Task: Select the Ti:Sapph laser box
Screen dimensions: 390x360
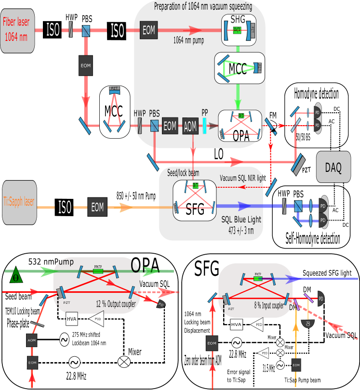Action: pyautogui.click(x=19, y=202)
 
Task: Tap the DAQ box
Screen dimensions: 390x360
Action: pyautogui.click(x=333, y=167)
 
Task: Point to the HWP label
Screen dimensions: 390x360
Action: pyautogui.click(x=140, y=114)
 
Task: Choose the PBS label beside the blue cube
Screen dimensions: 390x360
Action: pyautogui.click(x=154, y=114)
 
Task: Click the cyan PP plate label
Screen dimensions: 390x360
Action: pyautogui.click(x=205, y=114)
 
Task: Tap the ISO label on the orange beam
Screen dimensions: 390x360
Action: pyautogui.click(x=65, y=208)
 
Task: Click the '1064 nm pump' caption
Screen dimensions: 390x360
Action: pyautogui.click(x=188, y=41)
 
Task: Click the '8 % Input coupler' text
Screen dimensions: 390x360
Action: pyautogui.click(x=267, y=305)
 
